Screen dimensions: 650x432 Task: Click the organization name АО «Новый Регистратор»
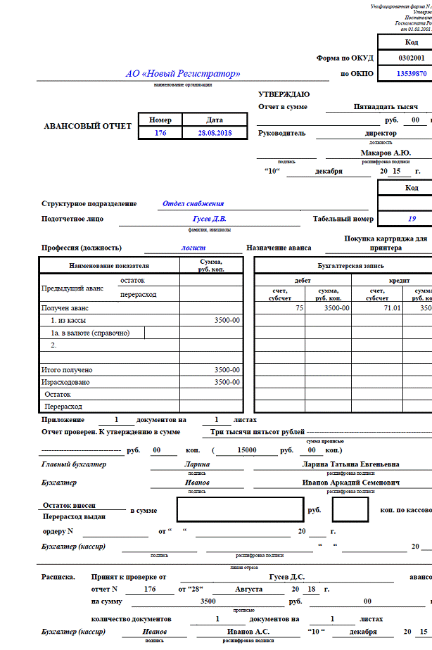pos(183,73)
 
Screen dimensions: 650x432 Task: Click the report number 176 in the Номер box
pos(160,132)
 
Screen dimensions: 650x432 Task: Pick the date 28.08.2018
pos(214,132)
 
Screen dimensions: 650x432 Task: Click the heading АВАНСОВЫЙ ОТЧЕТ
pos(88,127)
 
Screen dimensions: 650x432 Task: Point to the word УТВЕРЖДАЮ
pos(284,94)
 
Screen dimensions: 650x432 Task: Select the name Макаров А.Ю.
pos(385,152)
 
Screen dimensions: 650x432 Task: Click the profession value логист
pos(193,248)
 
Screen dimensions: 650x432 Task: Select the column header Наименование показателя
pos(109,265)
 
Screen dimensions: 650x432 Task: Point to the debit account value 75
pos(299,308)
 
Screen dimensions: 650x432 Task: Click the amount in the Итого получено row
pos(227,369)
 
